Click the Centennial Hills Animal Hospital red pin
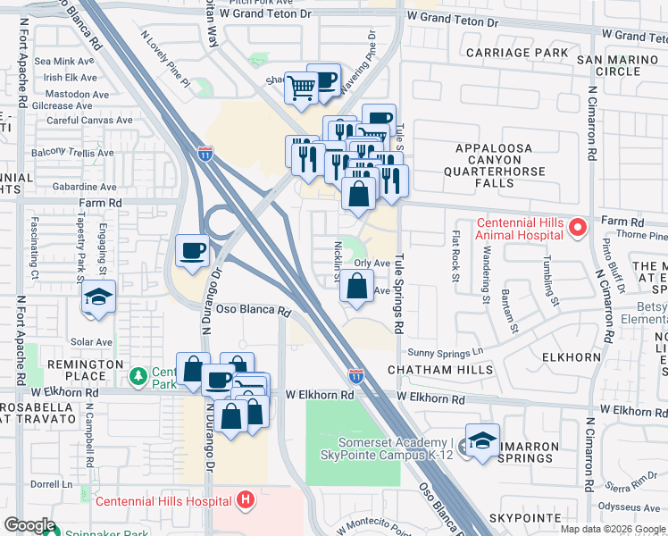coord(577,229)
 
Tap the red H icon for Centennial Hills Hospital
coord(246,500)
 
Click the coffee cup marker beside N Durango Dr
coord(193,250)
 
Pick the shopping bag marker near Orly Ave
coord(356,287)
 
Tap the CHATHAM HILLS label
coord(439,370)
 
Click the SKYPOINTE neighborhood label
coord(524,518)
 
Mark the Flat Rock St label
coord(455,257)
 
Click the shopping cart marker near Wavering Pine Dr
coord(302,88)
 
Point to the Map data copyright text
coord(613,529)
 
